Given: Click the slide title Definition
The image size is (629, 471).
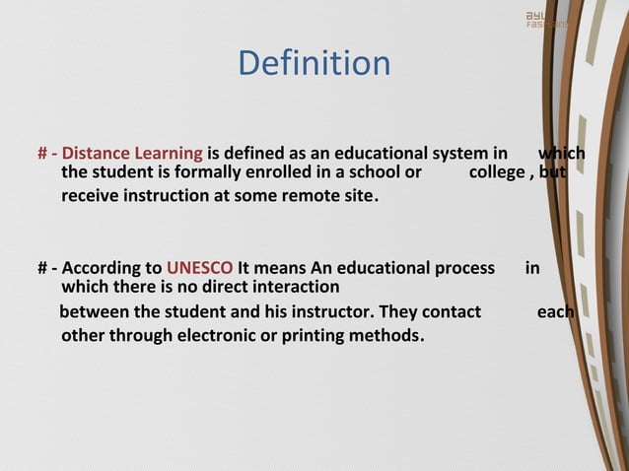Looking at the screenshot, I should pyautogui.click(x=314, y=64).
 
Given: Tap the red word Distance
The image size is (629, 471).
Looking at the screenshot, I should pyautogui.click(x=98, y=154).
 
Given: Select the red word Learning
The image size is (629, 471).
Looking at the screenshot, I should pyautogui.click(x=170, y=154).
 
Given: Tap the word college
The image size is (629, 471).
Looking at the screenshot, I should pyautogui.click(x=498, y=173).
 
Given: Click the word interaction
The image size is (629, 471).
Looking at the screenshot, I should pyautogui.click(x=293, y=288).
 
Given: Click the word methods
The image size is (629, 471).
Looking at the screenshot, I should pyautogui.click(x=388, y=335).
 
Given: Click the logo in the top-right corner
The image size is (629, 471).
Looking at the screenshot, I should pyautogui.click(x=545, y=20).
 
